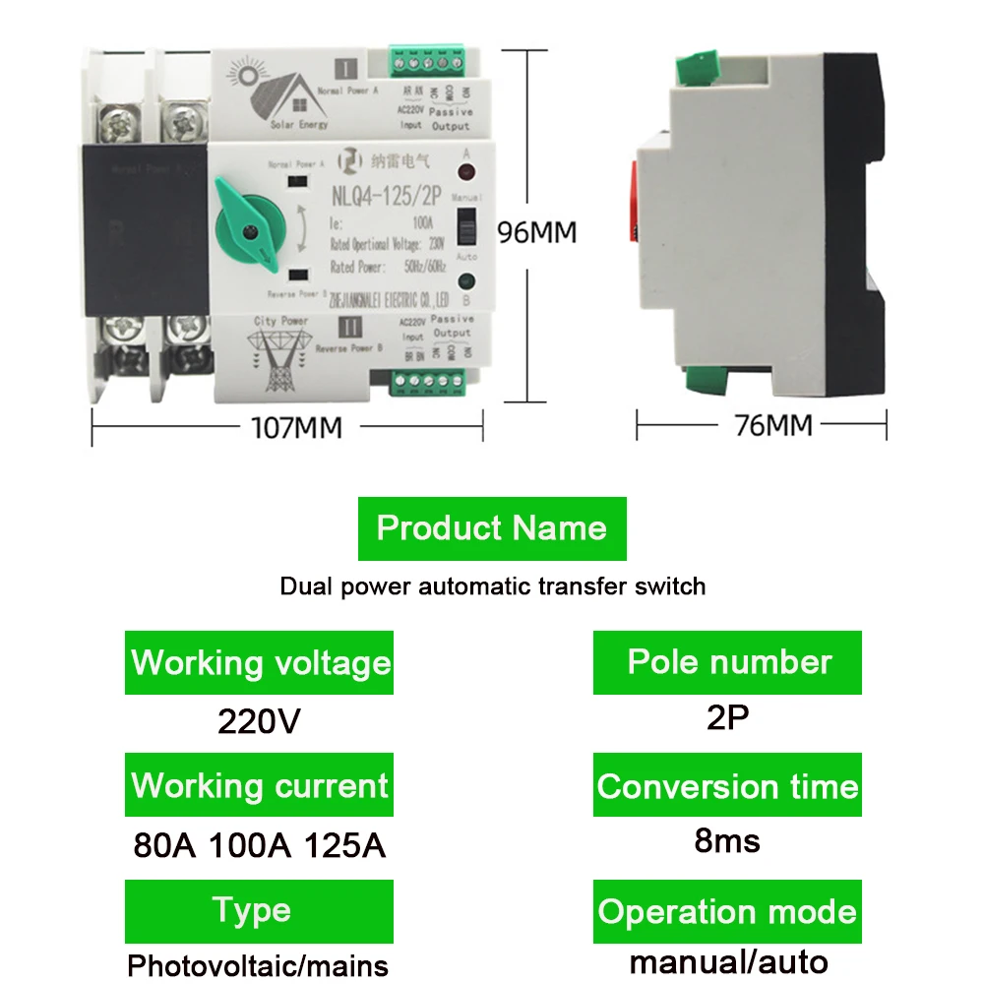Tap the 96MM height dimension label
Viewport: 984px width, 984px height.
(536, 232)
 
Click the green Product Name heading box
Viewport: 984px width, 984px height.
(491, 528)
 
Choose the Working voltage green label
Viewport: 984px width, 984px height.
(260, 662)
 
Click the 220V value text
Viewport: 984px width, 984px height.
(259, 721)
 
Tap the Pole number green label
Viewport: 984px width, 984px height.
(728, 662)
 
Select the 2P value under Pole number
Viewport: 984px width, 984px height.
(728, 717)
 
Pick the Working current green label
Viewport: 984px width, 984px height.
(260, 785)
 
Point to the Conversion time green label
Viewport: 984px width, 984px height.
(728, 786)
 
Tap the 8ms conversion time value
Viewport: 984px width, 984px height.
(728, 841)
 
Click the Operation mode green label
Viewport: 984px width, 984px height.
(728, 911)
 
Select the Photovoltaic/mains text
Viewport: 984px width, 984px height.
(258, 963)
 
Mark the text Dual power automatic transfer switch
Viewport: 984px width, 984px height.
(492, 586)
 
